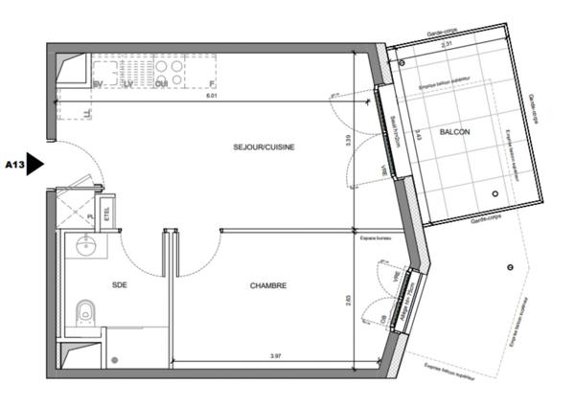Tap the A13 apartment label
14,164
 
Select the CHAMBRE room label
269,284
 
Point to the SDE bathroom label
120,284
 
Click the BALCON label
454,132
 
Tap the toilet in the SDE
84,311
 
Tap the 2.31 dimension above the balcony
445,45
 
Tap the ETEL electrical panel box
106,211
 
